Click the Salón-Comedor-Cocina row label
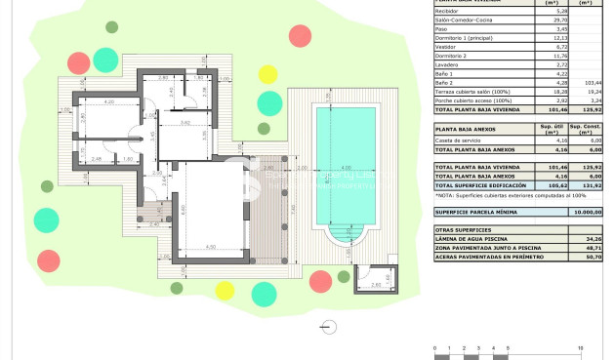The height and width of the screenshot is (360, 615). pos(464,19)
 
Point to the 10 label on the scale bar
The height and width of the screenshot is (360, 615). pos(581,347)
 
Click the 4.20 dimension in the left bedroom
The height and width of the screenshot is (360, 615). pos(109,101)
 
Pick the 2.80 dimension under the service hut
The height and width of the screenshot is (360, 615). pos(376,285)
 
